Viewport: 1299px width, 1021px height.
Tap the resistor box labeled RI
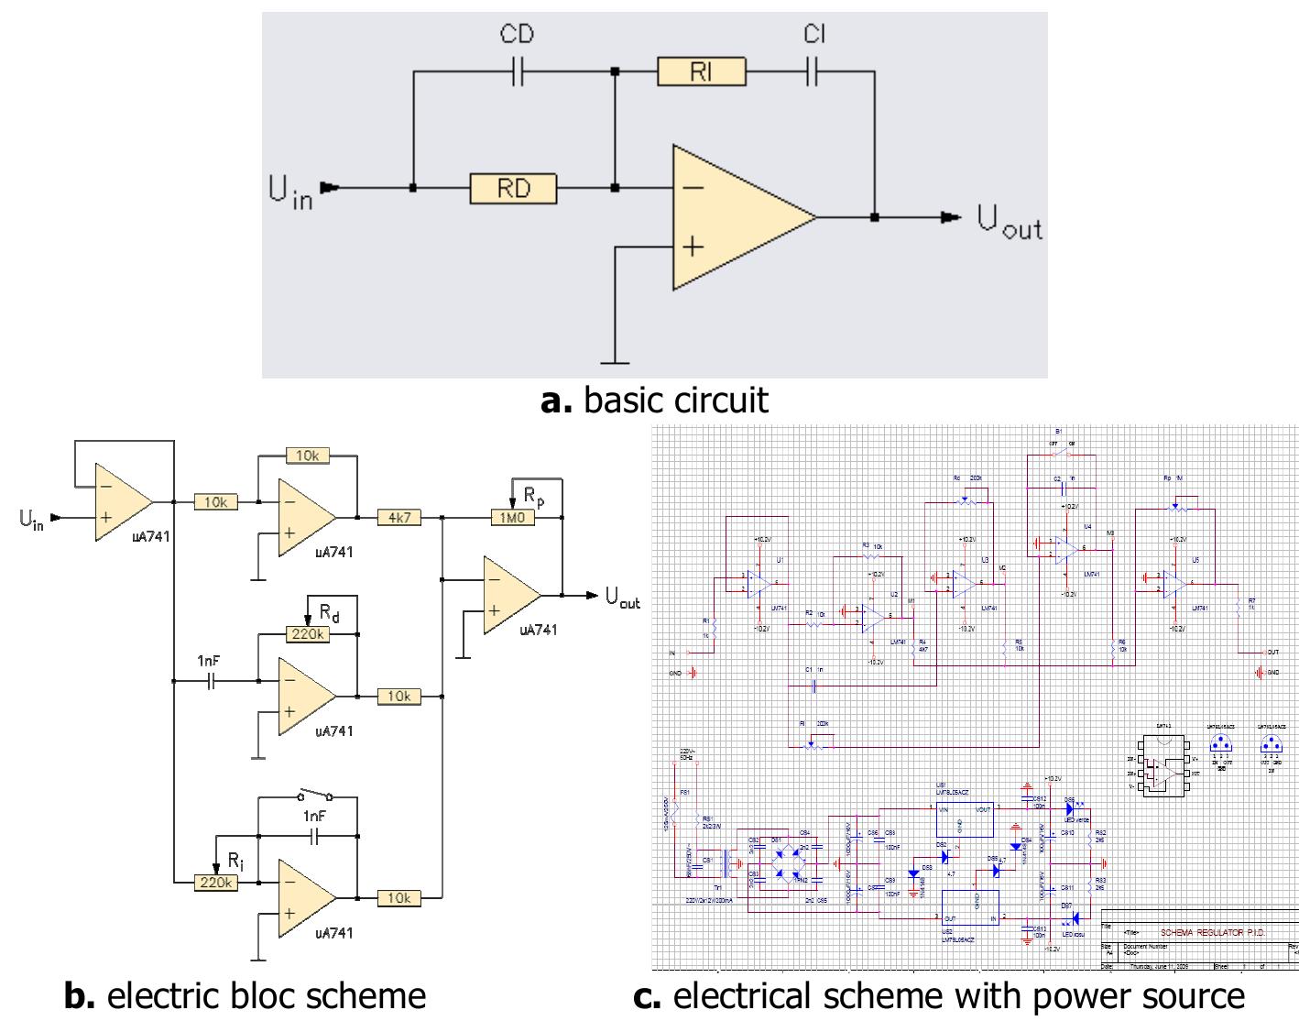point(701,71)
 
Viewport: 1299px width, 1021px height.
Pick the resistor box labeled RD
point(513,188)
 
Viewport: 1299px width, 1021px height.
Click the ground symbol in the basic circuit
point(615,360)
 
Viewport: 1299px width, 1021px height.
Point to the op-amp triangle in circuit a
point(733,217)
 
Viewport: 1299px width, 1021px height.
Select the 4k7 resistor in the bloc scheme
point(398,518)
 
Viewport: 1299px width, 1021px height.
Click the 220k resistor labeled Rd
point(308,634)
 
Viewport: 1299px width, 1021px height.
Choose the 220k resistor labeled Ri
point(216,883)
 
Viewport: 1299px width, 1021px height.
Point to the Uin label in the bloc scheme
point(31,521)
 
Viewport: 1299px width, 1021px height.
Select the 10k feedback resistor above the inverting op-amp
point(307,456)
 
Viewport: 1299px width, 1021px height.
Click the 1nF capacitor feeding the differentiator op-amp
point(211,681)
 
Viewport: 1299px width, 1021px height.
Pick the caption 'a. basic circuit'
point(654,401)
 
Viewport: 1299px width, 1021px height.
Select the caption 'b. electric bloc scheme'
point(245,996)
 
